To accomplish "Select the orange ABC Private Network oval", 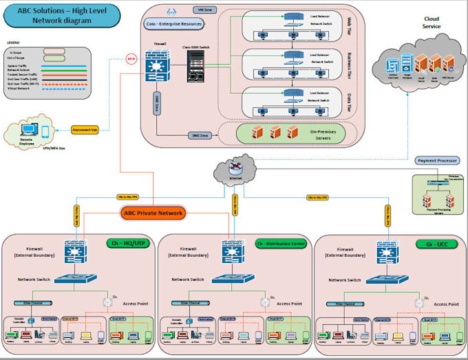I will pyautogui.click(x=153, y=213).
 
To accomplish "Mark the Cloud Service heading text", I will pyautogui.click(x=432, y=23).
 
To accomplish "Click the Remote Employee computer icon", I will pyautogui.click(x=30, y=131).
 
